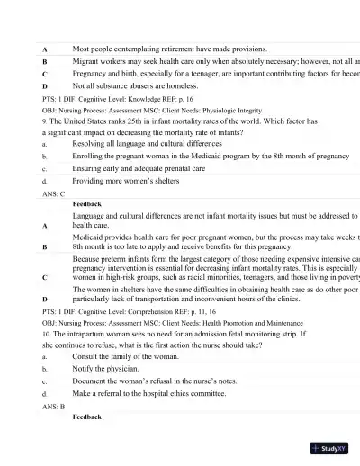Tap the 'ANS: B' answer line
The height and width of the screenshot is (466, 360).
(54, 407)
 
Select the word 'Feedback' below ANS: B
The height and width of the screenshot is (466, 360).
(87, 417)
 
